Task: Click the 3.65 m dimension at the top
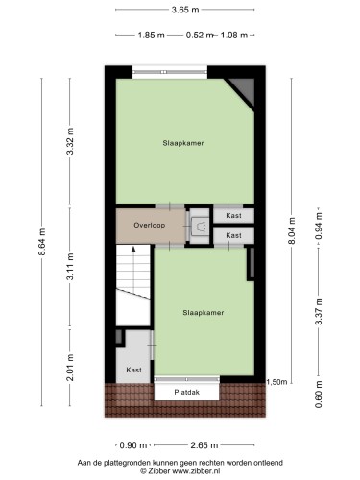click(x=185, y=10)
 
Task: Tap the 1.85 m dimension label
click(x=151, y=35)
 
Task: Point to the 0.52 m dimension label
click(x=200, y=35)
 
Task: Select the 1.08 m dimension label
click(x=234, y=35)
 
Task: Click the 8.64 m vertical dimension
click(x=42, y=242)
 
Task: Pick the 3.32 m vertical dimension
click(x=70, y=141)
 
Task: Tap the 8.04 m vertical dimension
click(x=291, y=230)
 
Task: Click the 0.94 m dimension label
click(x=319, y=226)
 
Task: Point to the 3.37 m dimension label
click(x=319, y=311)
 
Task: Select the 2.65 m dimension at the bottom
click(x=204, y=445)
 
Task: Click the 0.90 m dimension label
click(x=133, y=445)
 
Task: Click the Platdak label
click(x=187, y=392)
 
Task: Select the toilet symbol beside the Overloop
click(x=201, y=226)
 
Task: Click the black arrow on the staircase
click(x=133, y=250)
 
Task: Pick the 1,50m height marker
click(x=276, y=382)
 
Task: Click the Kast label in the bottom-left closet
click(x=133, y=370)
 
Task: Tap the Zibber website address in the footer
click(x=196, y=470)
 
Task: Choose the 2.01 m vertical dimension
click(x=70, y=368)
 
